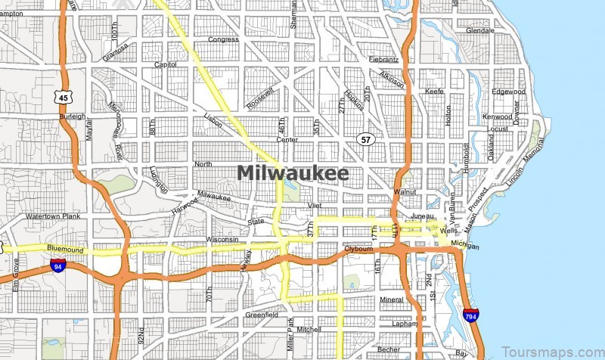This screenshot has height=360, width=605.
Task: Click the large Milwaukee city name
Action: (293, 173)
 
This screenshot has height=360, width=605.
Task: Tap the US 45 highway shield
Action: (62, 95)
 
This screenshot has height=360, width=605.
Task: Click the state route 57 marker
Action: (366, 139)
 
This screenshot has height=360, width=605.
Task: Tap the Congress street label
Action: (223, 39)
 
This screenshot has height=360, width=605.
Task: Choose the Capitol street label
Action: (165, 65)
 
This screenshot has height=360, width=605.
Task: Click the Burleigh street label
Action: (72, 116)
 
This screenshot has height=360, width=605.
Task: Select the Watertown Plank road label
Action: (52, 217)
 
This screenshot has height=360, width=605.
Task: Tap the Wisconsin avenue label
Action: (222, 240)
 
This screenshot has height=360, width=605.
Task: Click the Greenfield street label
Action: (262, 314)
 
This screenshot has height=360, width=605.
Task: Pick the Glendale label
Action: (479, 31)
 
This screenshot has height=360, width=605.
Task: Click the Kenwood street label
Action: (497, 116)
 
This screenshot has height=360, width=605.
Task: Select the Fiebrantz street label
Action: (383, 59)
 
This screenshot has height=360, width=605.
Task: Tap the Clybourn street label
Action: (359, 248)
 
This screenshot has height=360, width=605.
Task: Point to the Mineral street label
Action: (392, 299)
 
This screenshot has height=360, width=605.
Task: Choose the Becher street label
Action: (389, 349)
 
